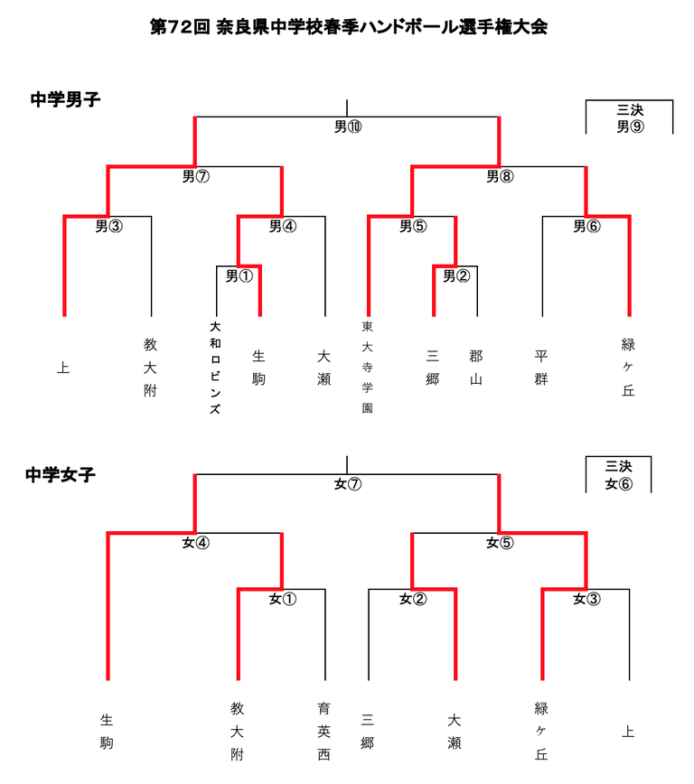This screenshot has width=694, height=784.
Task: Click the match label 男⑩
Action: tap(347, 126)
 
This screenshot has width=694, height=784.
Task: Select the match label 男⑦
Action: tap(195, 176)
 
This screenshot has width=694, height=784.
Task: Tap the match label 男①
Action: tap(239, 275)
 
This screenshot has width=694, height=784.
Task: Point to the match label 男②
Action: tap(455, 275)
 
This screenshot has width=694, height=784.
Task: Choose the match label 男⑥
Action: tap(586, 226)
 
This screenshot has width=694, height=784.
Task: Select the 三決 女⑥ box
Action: tap(618, 474)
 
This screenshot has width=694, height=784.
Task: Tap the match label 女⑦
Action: tap(347, 484)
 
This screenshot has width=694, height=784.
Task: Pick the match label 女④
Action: tap(195, 543)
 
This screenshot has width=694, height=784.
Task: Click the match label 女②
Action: tap(412, 598)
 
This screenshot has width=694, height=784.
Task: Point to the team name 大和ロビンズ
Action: tap(215, 367)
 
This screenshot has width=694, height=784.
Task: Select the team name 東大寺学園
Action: tap(368, 367)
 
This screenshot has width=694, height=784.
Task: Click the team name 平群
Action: tap(541, 367)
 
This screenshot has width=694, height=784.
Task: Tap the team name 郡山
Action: tap(476, 367)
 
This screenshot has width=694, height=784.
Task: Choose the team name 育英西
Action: tap(324, 732)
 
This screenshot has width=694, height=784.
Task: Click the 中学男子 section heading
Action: tap(65, 99)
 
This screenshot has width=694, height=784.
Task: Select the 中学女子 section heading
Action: tap(61, 474)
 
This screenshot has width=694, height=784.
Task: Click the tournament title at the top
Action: tap(348, 27)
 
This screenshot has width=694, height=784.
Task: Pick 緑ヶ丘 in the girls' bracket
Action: tap(542, 732)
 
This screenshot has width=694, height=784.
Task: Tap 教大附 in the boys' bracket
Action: tap(150, 367)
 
